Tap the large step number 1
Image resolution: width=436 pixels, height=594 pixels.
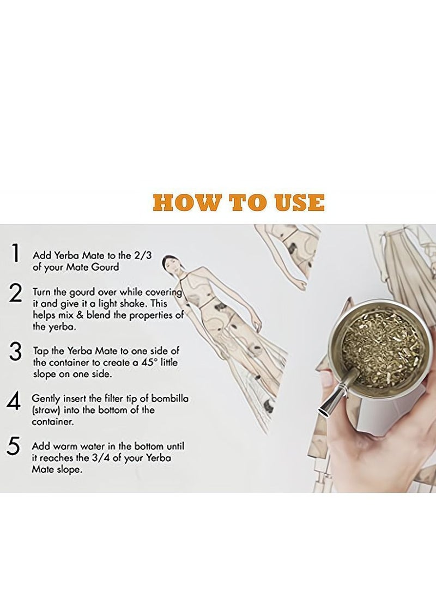tap(16, 253)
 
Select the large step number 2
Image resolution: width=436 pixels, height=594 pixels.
tap(15, 293)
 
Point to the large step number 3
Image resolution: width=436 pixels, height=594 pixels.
tap(15, 352)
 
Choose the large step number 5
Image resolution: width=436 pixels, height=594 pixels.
tap(13, 446)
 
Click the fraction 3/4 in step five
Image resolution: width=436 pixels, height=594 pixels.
tap(100, 458)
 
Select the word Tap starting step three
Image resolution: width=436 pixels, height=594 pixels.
tap(40, 351)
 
